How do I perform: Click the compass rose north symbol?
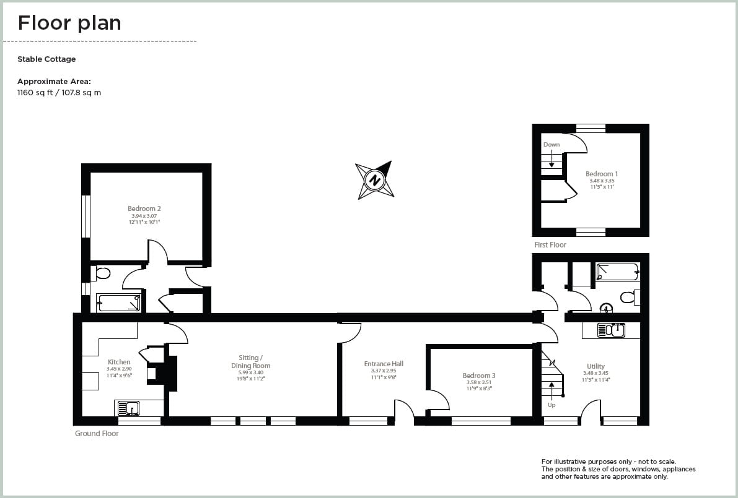pyautogui.click(x=374, y=180)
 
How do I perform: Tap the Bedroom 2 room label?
pyautogui.click(x=144, y=209)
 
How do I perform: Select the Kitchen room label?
pyautogui.click(x=119, y=362)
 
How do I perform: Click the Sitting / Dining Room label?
pyautogui.click(x=251, y=361)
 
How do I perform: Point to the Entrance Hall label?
pyautogui.click(x=384, y=364)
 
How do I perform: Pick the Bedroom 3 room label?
pyautogui.click(x=478, y=376)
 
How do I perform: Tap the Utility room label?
pyautogui.click(x=595, y=366)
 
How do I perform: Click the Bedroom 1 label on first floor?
pyautogui.click(x=601, y=174)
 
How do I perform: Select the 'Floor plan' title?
pyautogui.click(x=69, y=23)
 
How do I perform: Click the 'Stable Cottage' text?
pyautogui.click(x=46, y=59)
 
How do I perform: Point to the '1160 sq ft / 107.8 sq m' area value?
pyautogui.click(x=59, y=93)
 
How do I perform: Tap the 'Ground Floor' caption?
pyautogui.click(x=97, y=434)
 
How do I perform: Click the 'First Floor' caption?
pyautogui.click(x=550, y=245)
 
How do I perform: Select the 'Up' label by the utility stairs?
pyautogui.click(x=551, y=405)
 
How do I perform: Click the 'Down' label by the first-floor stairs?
pyautogui.click(x=551, y=145)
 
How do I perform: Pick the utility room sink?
pyautogui.click(x=611, y=330)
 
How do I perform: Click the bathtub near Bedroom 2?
pyautogui.click(x=119, y=303)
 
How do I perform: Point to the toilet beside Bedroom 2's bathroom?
pyautogui.click(x=101, y=273)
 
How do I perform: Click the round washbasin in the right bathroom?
pyautogui.click(x=607, y=307)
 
